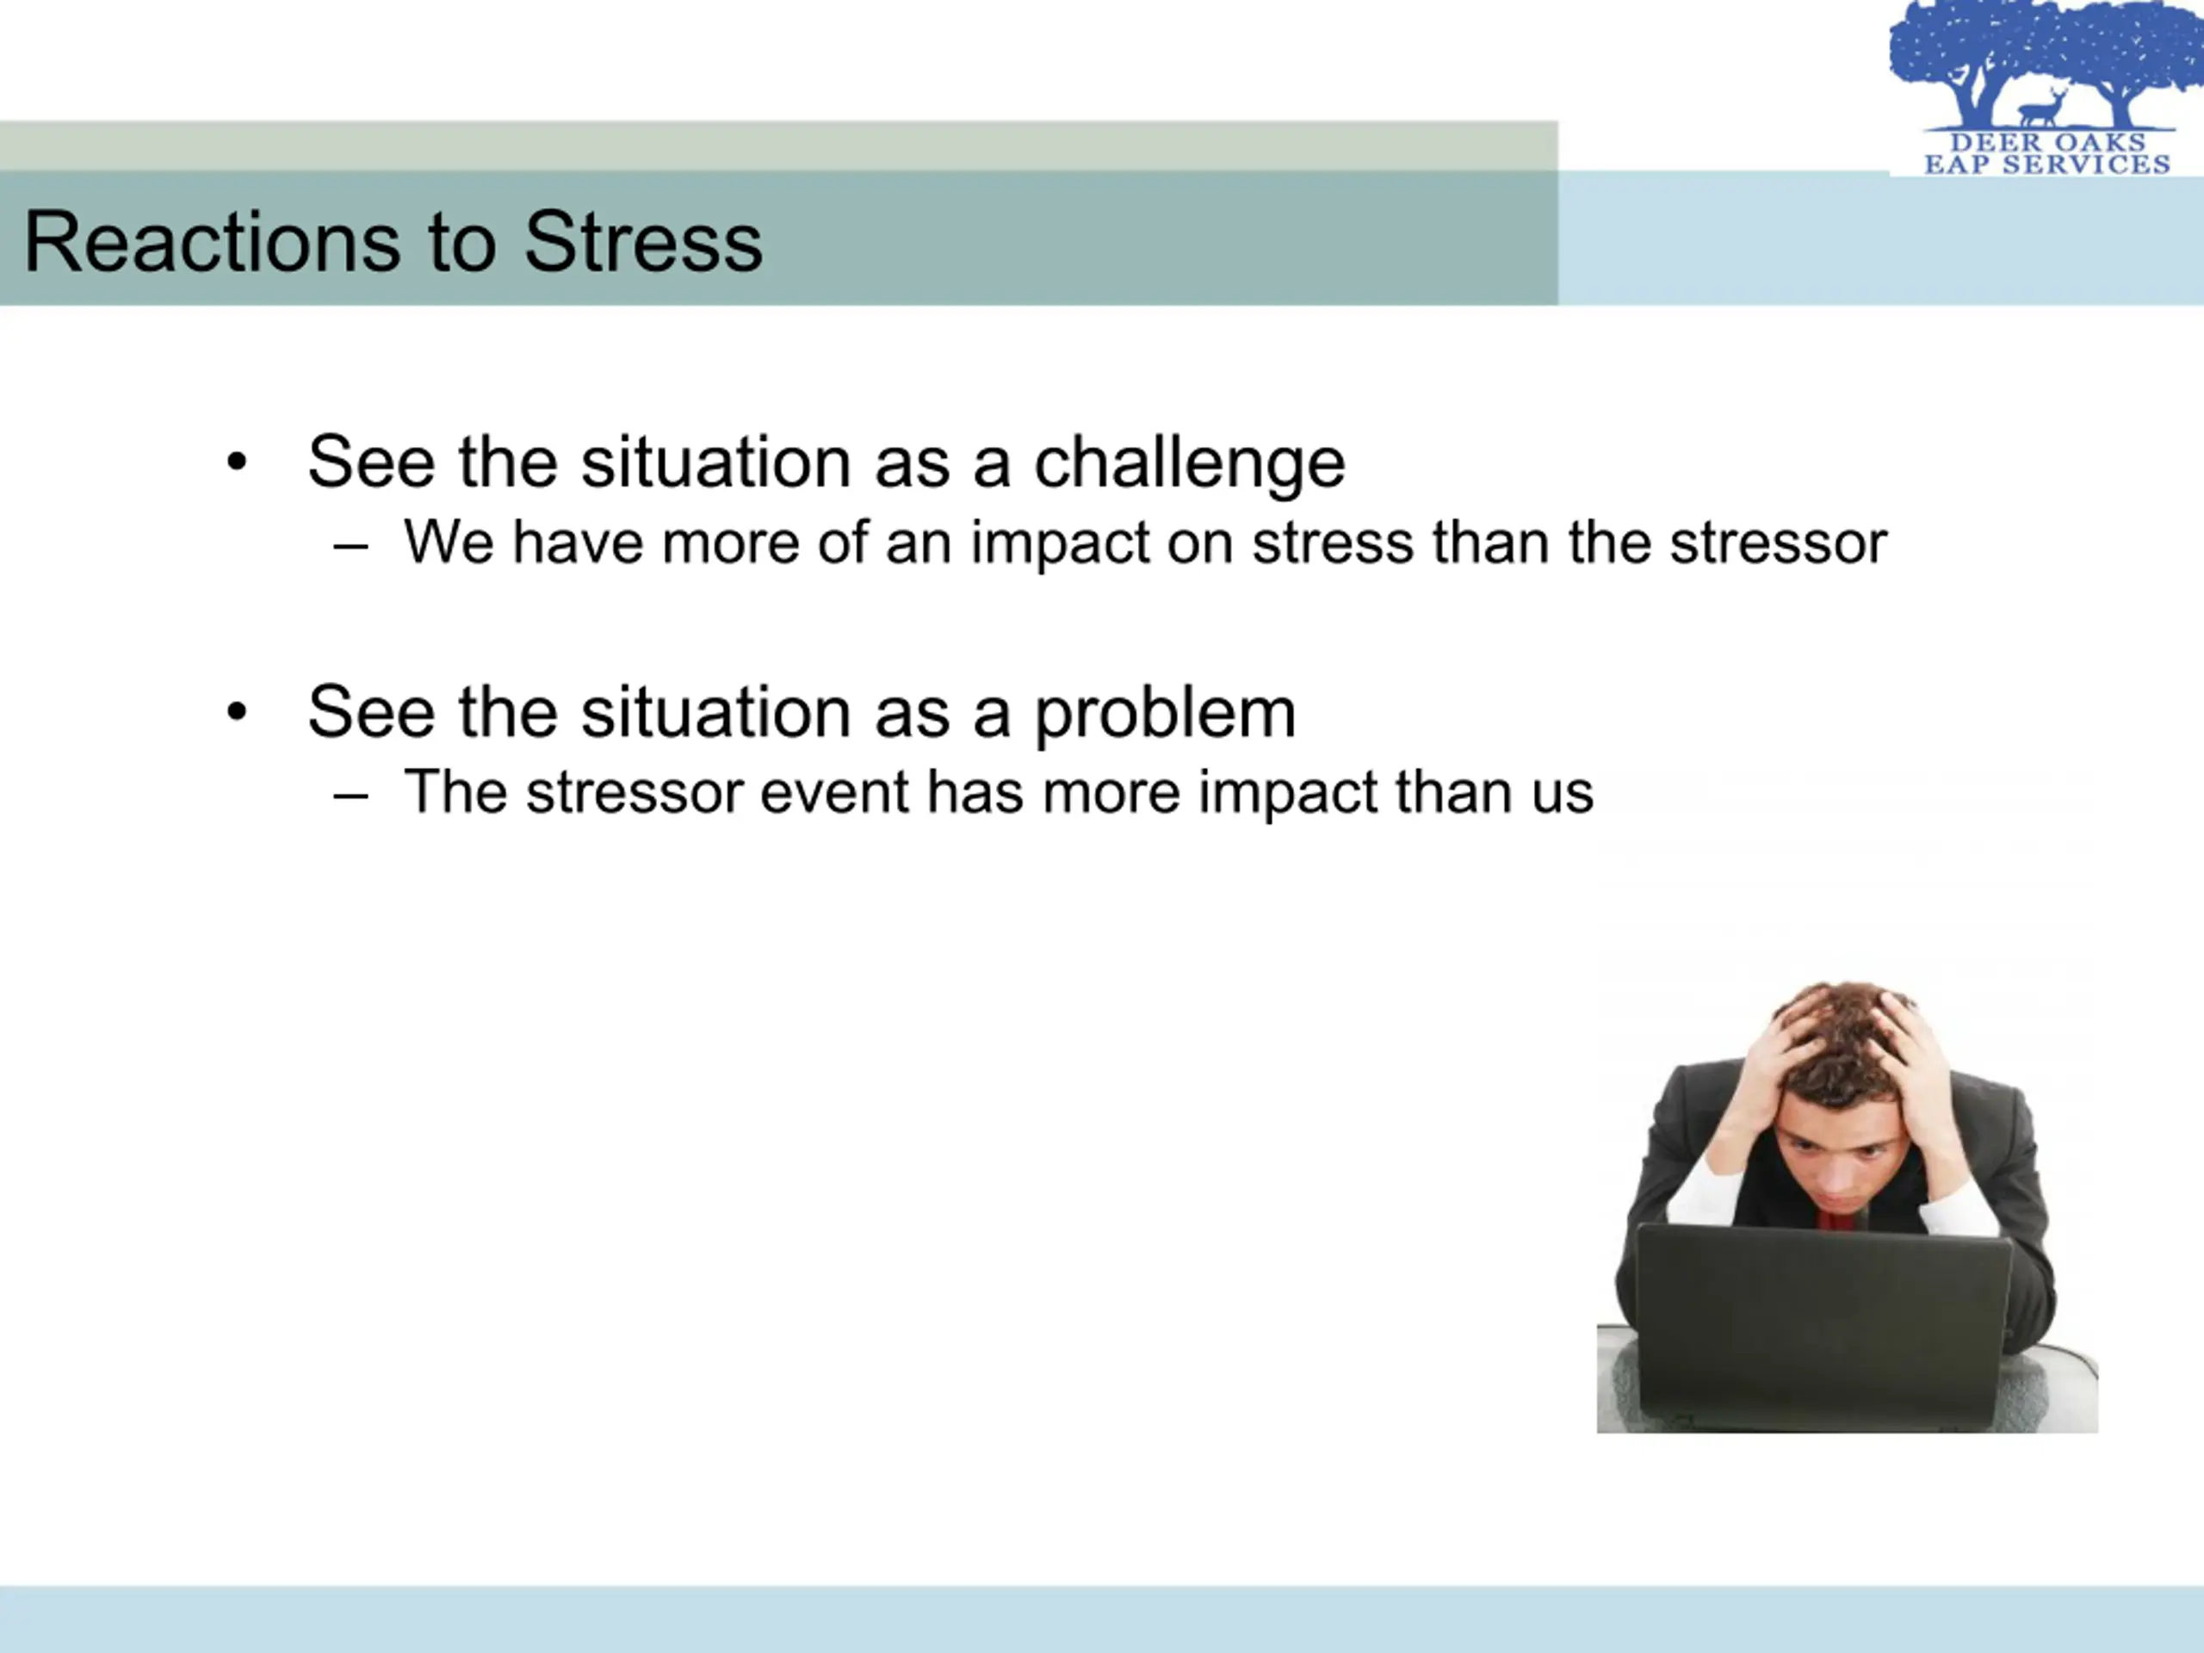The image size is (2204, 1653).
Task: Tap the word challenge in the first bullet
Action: (x=1190, y=464)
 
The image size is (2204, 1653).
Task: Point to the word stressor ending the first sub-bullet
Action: (x=1779, y=544)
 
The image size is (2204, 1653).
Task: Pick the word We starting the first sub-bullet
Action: (x=449, y=543)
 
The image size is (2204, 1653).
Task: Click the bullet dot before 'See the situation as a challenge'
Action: (x=236, y=462)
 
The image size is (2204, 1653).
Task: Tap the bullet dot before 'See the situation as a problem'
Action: (x=236, y=711)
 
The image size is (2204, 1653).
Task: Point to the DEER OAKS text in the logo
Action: (x=2047, y=142)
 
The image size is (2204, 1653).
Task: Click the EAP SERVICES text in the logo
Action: (x=2047, y=164)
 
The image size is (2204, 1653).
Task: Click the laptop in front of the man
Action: (x=1823, y=1326)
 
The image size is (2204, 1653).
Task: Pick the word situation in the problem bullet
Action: (x=716, y=714)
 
